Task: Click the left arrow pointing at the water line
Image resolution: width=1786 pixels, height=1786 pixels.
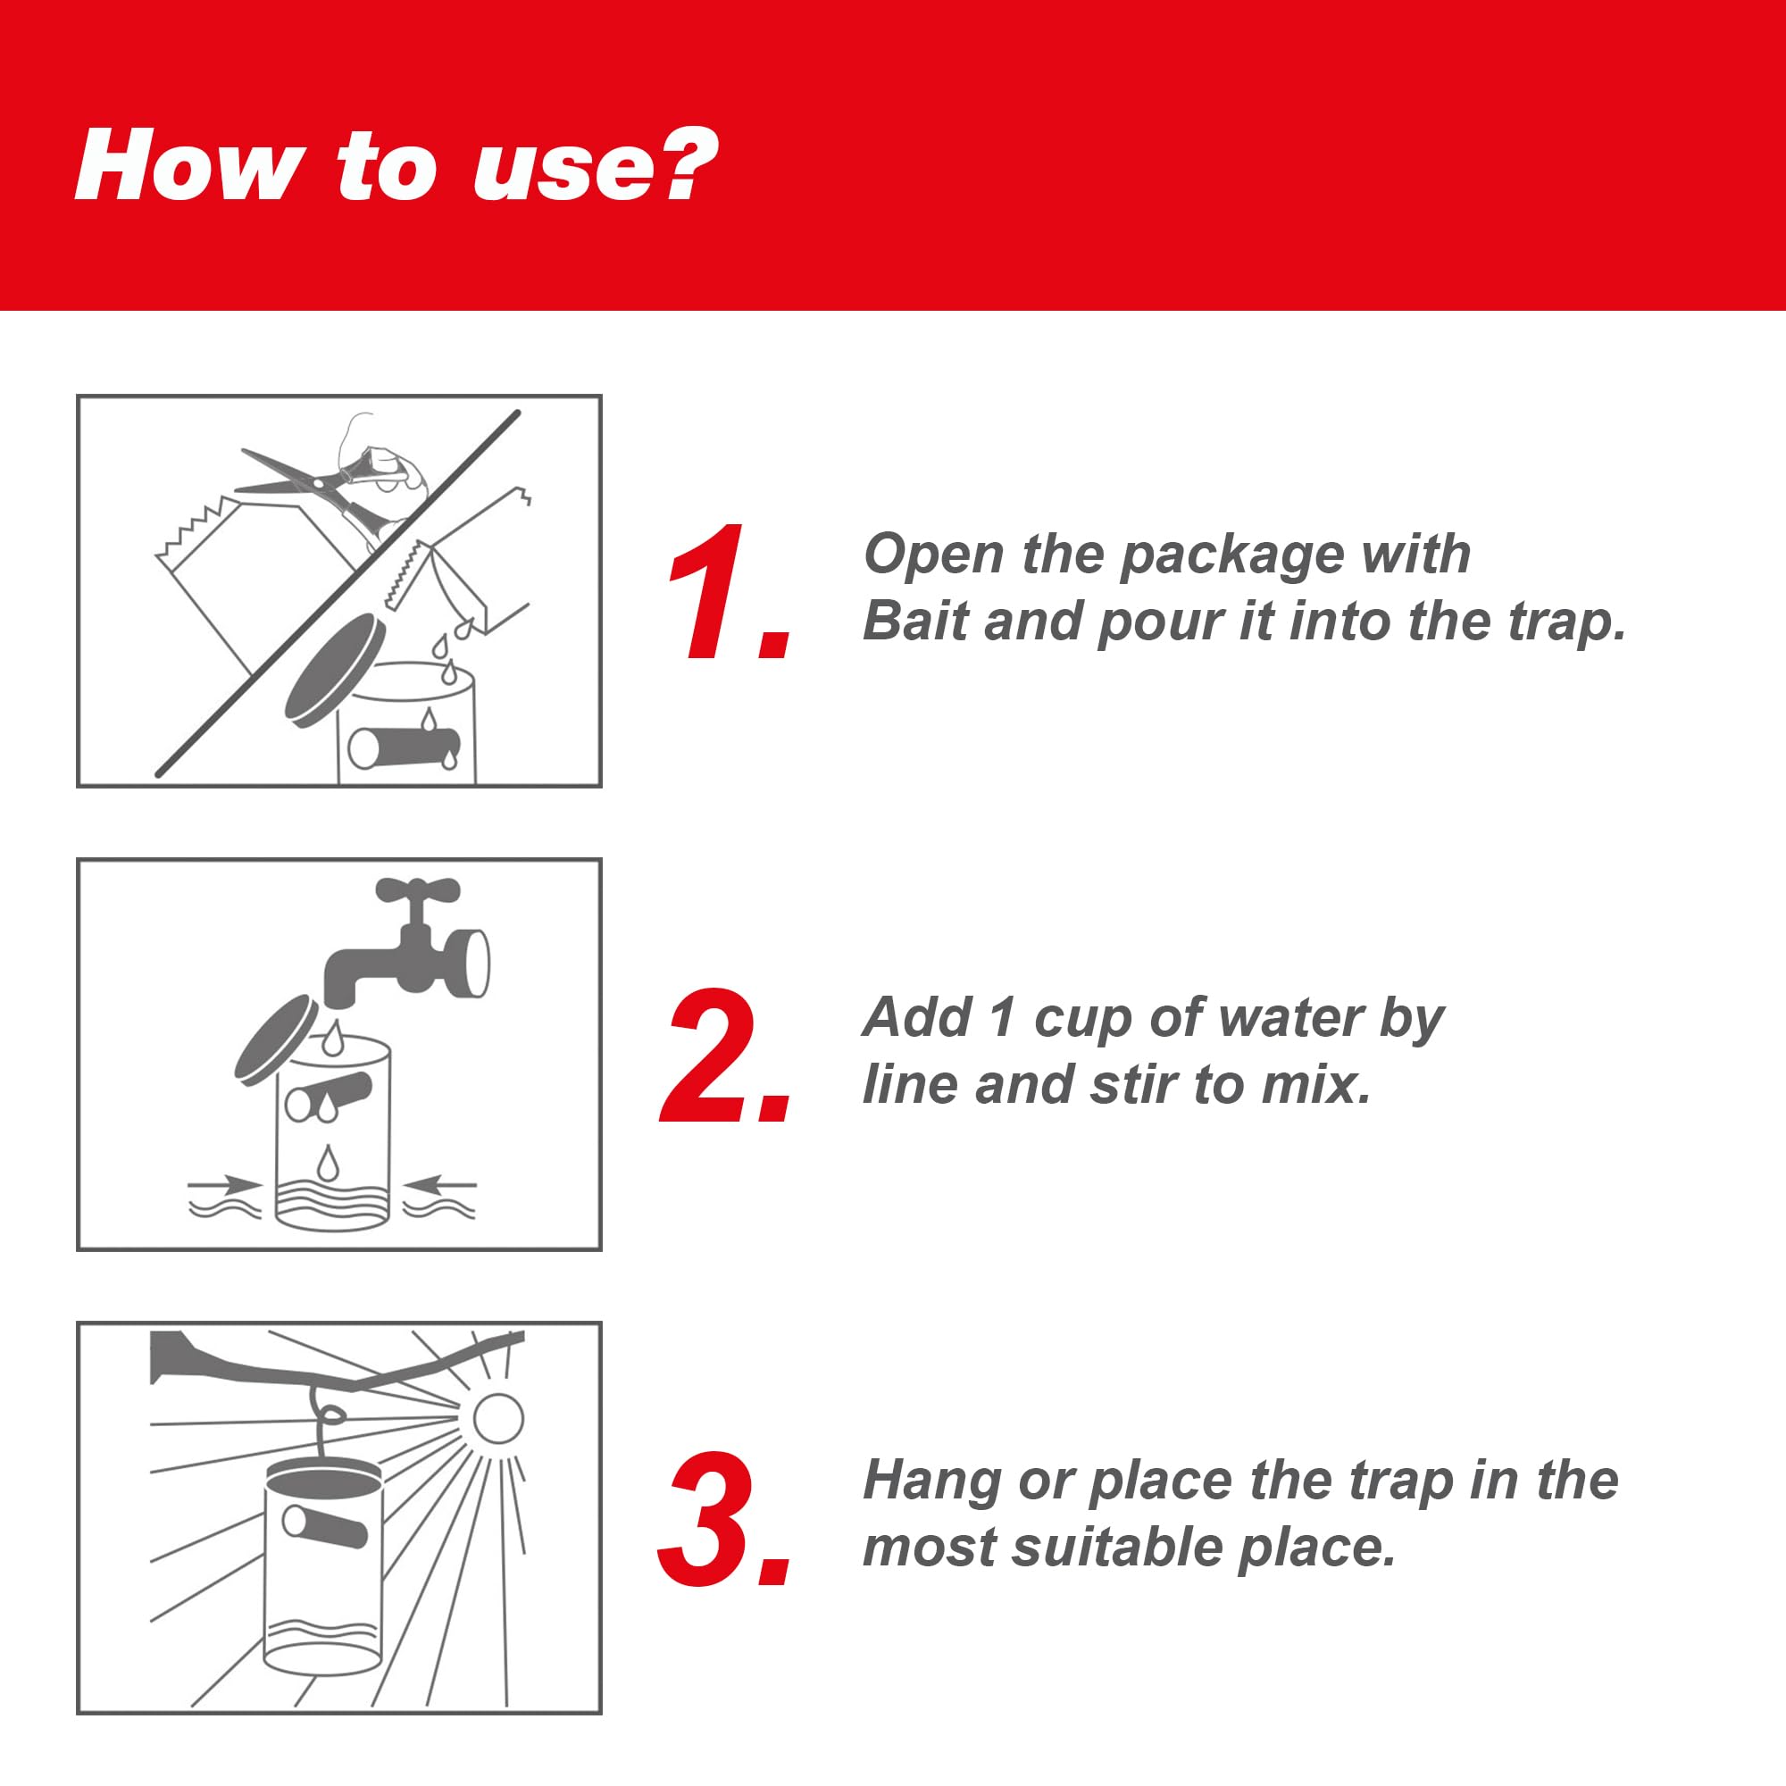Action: pos(226,1183)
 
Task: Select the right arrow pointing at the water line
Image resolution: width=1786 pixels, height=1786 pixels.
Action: pos(440,1182)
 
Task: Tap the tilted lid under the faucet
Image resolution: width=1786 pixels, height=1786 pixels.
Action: pos(278,1037)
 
